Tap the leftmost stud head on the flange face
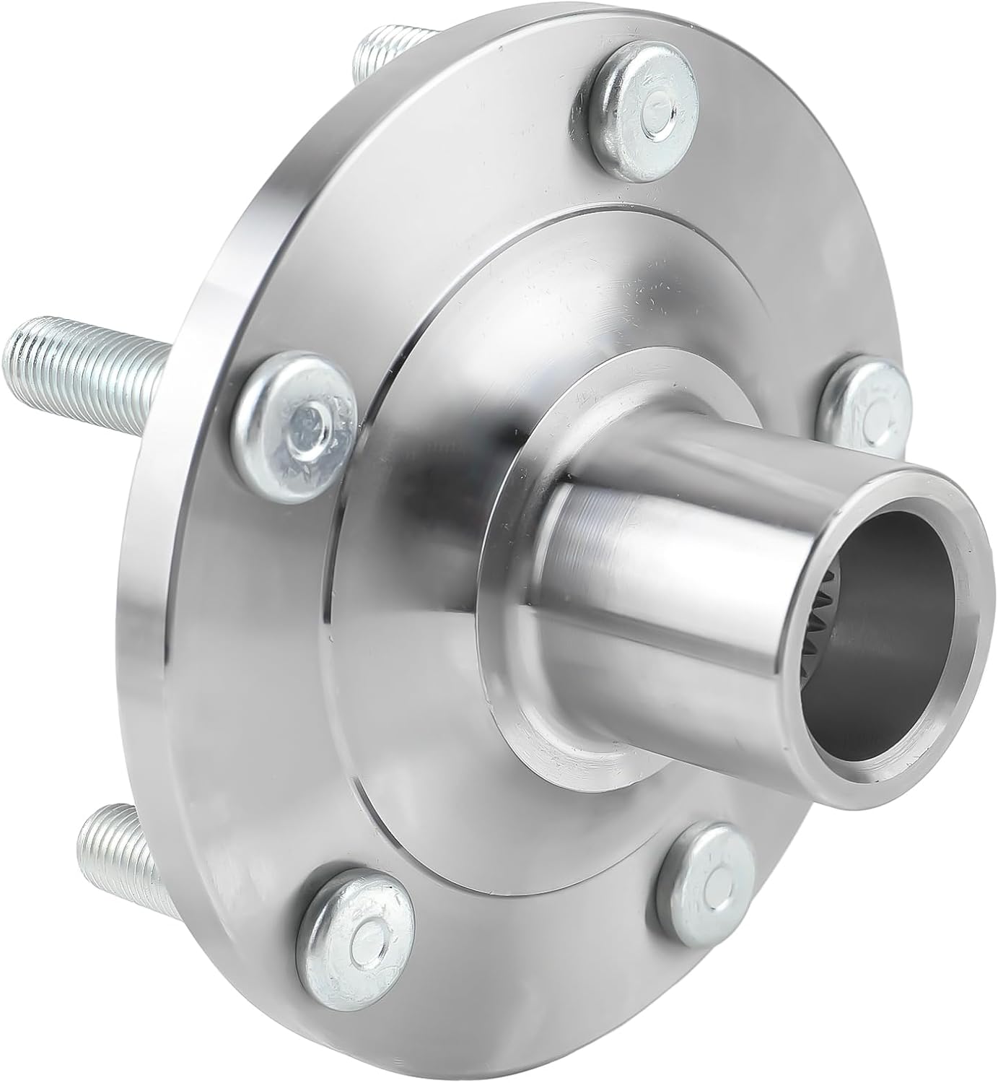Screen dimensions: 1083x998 click(296, 419)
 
